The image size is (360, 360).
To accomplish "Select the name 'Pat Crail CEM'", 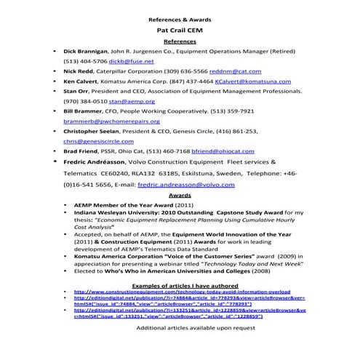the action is click(179, 33).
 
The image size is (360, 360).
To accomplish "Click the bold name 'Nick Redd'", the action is click(79, 73).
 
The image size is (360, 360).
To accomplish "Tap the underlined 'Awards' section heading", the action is click(179, 196).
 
